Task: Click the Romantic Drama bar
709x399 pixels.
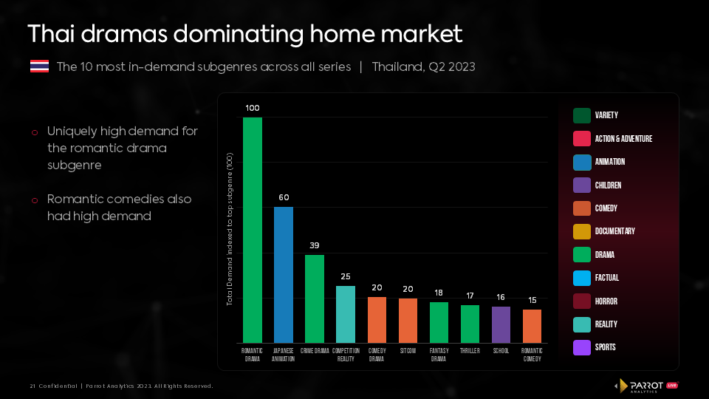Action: (253, 229)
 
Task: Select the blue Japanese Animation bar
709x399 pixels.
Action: (284, 273)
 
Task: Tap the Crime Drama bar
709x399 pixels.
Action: (315, 298)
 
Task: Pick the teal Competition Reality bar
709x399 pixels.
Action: (346, 313)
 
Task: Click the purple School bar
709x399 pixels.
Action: (501, 324)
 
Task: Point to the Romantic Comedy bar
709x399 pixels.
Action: (532, 325)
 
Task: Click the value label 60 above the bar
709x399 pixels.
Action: (284, 198)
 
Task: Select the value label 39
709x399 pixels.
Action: (315, 245)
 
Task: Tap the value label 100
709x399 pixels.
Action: (253, 108)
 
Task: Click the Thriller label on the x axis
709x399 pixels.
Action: (470, 351)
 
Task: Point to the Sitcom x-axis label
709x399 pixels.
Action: (408, 351)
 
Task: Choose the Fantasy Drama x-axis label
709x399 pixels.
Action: (439, 355)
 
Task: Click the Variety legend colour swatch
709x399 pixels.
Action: (581, 115)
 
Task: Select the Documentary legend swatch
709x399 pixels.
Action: (581, 231)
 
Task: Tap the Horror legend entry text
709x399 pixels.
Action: (606, 301)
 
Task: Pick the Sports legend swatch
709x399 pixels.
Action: (581, 347)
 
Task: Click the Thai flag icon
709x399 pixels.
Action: (39, 66)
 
